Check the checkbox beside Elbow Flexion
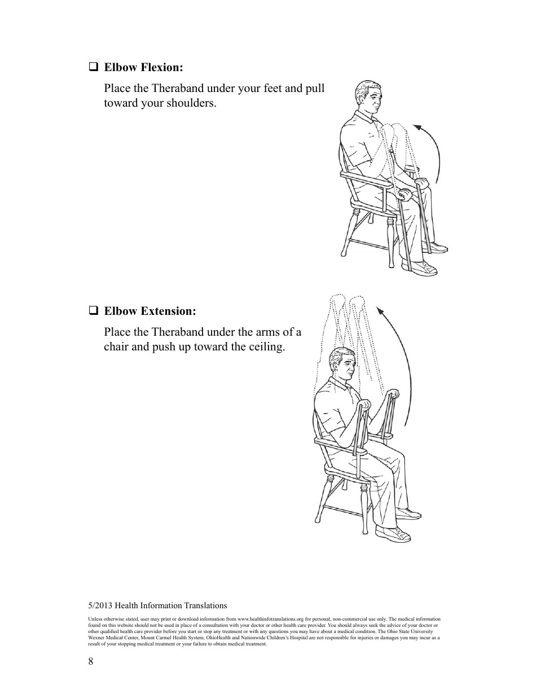tap(93, 67)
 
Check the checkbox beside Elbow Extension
tap(93, 310)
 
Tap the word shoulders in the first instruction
tap(190, 104)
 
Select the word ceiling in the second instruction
tap(265, 346)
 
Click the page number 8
tap(91, 661)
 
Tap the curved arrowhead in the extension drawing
tap(380, 310)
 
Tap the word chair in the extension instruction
tap(116, 346)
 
